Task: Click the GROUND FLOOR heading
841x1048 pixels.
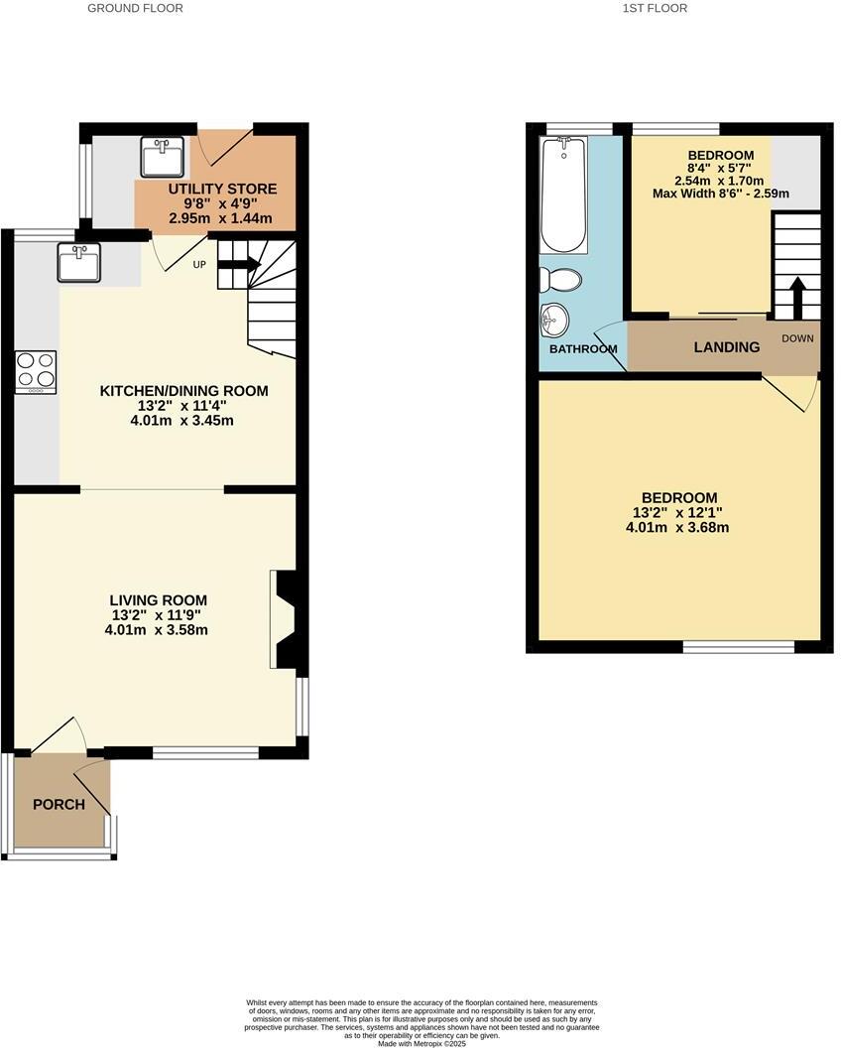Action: [x=135, y=8]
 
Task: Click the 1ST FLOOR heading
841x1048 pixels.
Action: [x=655, y=8]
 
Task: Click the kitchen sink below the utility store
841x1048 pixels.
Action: [x=78, y=262]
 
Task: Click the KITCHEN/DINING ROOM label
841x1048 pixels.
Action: [x=183, y=391]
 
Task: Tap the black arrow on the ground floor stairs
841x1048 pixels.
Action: [x=239, y=265]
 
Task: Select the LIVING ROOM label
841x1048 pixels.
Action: [x=158, y=599]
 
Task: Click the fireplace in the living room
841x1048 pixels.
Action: [x=282, y=619]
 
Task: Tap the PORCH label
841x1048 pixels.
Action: [x=59, y=804]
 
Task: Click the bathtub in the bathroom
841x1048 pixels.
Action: [x=563, y=195]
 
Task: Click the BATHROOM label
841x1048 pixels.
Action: [x=583, y=349]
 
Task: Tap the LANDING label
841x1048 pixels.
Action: [x=726, y=347]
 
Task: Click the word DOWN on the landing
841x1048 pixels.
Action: [x=797, y=338]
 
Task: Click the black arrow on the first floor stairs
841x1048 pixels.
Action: [x=796, y=296]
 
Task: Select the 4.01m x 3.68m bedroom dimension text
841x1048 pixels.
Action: [x=678, y=528]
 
